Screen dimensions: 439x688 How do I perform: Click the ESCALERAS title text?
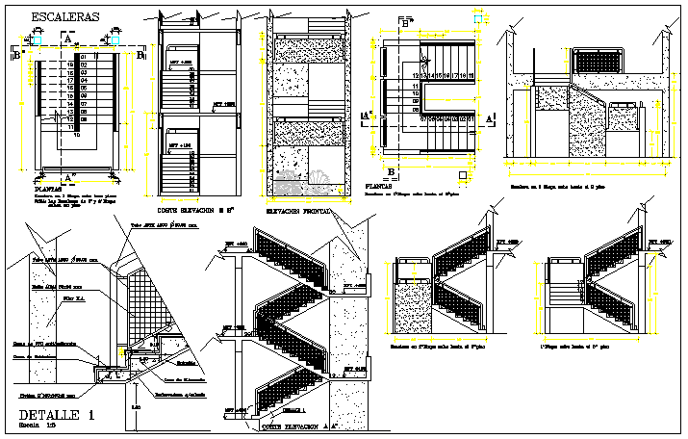pos(65,17)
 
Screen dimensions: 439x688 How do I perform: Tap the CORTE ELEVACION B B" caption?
pos(195,210)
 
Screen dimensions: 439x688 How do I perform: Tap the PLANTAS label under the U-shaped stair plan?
pos(383,187)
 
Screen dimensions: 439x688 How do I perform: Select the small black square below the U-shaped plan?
pos(465,175)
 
